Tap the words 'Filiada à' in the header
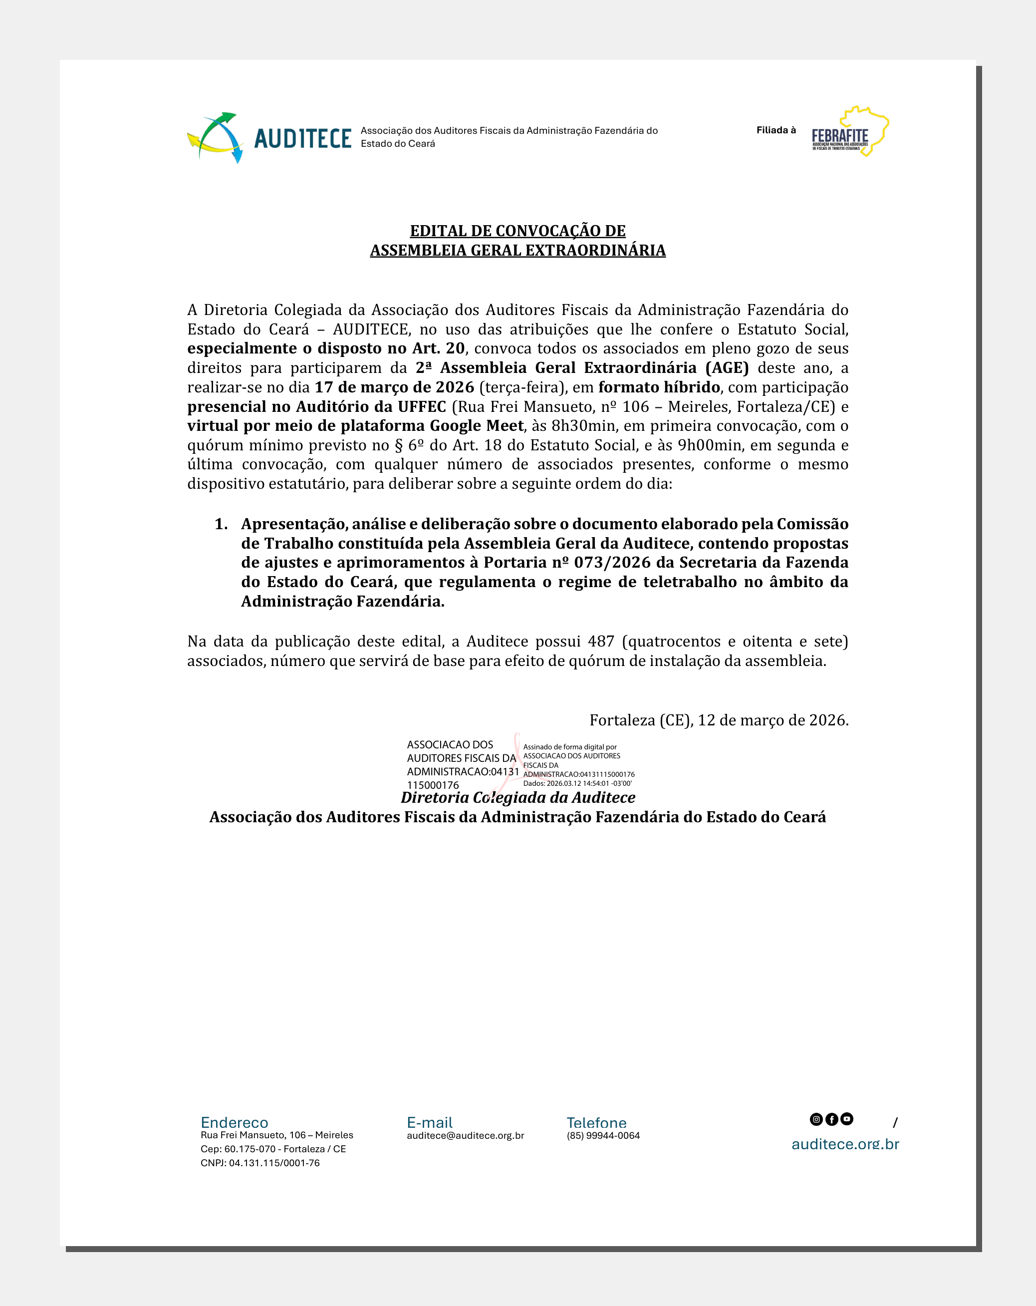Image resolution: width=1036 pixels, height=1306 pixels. point(776,130)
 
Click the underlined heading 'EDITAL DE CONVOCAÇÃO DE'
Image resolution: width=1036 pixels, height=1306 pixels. point(518,231)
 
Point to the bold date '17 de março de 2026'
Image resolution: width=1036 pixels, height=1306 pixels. point(394,387)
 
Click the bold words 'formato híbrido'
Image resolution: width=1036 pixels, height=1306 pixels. point(659,387)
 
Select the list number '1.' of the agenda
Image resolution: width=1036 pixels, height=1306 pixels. point(221,524)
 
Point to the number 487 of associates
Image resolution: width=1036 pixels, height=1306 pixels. point(601,642)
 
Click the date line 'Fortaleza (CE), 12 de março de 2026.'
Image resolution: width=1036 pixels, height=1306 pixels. point(719,720)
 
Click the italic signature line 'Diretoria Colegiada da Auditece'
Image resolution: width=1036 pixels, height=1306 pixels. point(518,798)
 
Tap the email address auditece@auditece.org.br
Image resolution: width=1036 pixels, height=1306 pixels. point(465,1136)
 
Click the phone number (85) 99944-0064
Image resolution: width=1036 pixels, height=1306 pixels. point(603,1136)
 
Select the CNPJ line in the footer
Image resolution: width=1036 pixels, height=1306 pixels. point(260,1163)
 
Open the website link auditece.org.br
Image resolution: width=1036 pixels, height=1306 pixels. point(845,1144)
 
